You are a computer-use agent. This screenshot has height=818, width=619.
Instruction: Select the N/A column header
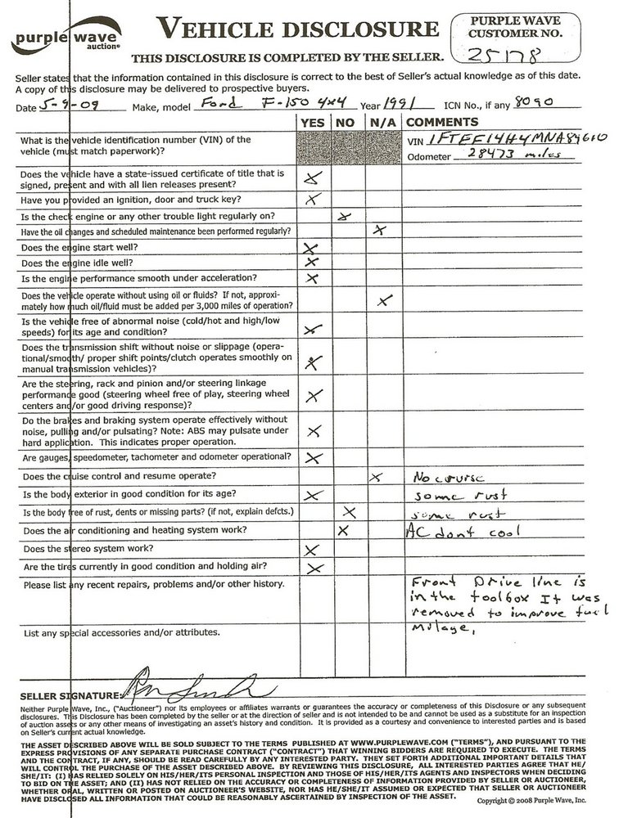[378, 121]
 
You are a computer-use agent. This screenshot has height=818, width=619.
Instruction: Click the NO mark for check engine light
[345, 217]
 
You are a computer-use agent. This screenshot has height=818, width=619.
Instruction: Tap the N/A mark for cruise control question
[377, 476]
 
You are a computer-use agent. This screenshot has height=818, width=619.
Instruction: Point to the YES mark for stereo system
[311, 549]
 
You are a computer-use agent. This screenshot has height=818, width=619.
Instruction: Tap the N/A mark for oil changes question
[377, 231]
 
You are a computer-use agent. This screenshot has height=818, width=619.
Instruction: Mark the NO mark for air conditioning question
[343, 530]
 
